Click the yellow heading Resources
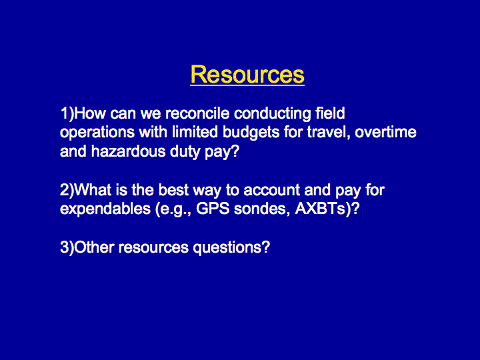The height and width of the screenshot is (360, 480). pyautogui.click(x=247, y=75)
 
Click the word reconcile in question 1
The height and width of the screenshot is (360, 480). pyautogui.click(x=197, y=113)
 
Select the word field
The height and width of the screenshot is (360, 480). pyautogui.click(x=330, y=113)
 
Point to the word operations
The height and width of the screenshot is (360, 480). pyautogui.click(x=97, y=133)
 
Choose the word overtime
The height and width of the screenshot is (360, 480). pyautogui.click(x=386, y=132)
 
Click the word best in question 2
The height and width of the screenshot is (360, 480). pyautogui.click(x=173, y=190)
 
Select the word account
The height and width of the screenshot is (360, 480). pyautogui.click(x=271, y=191)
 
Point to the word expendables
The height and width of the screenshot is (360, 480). pyautogui.click(x=105, y=209)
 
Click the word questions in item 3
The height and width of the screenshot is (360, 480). pyautogui.click(x=231, y=248)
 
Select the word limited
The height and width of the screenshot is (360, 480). pyautogui.click(x=195, y=132)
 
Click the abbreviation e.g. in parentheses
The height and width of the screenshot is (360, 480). pyautogui.click(x=173, y=210)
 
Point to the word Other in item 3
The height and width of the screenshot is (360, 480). pyautogui.click(x=94, y=247)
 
